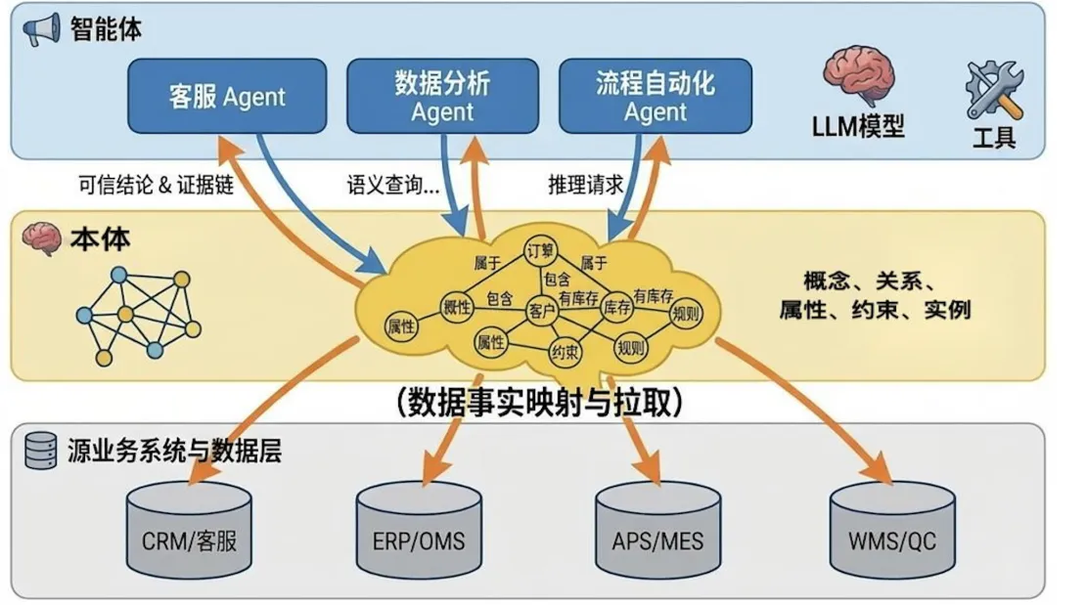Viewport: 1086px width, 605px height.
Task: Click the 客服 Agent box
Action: click(227, 96)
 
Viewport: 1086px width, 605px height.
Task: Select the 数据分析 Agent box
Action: click(442, 96)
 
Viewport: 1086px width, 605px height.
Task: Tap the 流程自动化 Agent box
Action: click(655, 96)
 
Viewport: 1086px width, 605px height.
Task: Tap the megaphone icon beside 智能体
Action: click(41, 29)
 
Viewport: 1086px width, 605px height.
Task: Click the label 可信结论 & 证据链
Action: click(155, 185)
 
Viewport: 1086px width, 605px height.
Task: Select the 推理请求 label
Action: click(585, 185)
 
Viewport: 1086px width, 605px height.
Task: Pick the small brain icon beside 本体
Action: click(41, 238)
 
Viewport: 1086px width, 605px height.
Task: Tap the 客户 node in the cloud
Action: click(541, 310)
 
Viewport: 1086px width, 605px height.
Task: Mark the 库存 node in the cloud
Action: click(616, 307)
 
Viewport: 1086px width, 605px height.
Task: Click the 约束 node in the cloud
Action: click(565, 352)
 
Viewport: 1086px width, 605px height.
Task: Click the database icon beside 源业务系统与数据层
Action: click(41, 451)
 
